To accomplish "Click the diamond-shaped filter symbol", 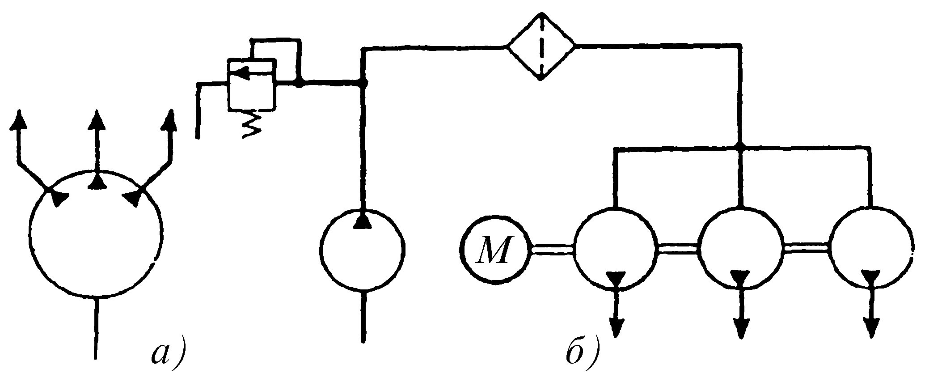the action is pyautogui.click(x=541, y=46).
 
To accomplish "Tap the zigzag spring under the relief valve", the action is pyautogui.click(x=252, y=124).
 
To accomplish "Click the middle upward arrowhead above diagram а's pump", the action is pyautogui.click(x=96, y=120).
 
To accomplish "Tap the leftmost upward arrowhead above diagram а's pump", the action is pyautogui.click(x=19, y=120).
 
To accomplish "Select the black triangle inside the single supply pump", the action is pyautogui.click(x=363, y=221).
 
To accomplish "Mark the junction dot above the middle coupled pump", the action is pyautogui.click(x=740, y=146).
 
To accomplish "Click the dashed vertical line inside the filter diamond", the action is pyautogui.click(x=541, y=46).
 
